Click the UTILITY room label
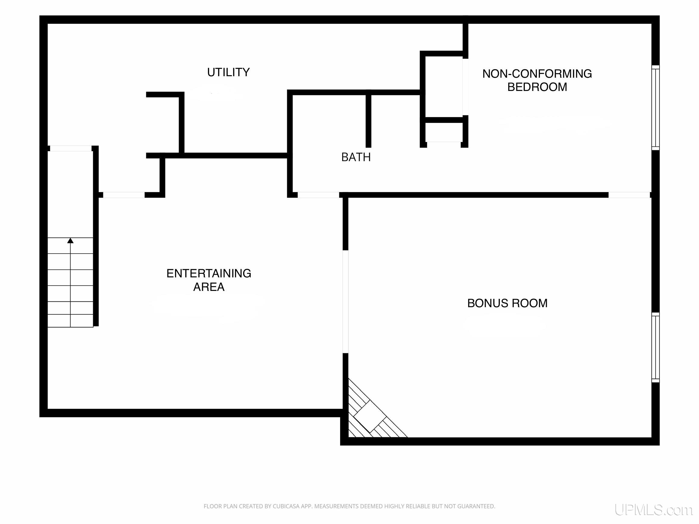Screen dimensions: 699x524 (228, 72)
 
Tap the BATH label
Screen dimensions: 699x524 (356, 157)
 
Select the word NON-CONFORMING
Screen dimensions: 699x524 (537, 73)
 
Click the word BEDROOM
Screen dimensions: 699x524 (537, 87)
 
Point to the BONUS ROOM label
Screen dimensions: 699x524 (507, 303)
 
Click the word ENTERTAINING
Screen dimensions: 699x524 (208, 273)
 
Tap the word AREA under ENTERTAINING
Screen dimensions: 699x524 (208, 287)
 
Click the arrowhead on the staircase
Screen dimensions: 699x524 (71, 241)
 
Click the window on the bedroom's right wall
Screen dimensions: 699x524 (655, 108)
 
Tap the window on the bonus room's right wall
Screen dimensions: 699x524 (655, 348)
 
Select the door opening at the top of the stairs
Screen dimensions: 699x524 (71, 148)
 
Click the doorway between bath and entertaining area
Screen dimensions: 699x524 (318, 195)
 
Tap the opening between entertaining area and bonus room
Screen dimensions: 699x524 (345, 302)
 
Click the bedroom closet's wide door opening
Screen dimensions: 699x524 (465, 87)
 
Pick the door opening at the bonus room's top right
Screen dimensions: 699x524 (629, 195)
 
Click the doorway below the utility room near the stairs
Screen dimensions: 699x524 (124, 195)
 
